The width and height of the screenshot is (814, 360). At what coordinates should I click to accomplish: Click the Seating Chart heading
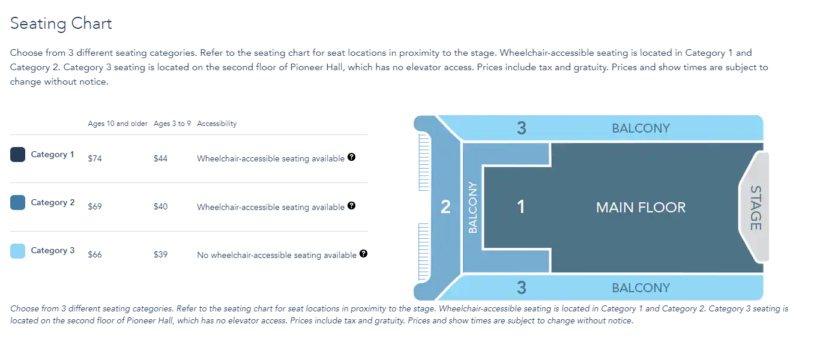(x=61, y=24)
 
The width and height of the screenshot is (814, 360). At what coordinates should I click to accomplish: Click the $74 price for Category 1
(x=95, y=158)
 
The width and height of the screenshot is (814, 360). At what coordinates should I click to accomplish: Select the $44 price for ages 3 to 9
(x=160, y=158)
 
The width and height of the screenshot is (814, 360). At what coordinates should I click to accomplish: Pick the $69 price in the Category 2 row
(x=95, y=206)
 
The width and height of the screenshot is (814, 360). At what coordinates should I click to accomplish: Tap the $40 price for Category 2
(x=160, y=206)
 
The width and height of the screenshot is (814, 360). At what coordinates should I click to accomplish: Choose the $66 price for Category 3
(x=95, y=254)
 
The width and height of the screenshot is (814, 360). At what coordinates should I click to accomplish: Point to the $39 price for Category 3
(x=160, y=254)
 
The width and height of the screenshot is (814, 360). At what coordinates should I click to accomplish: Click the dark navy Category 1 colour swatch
(x=18, y=155)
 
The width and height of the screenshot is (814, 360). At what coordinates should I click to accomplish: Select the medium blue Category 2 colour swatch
(x=18, y=203)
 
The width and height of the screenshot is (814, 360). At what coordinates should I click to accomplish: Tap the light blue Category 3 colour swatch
(x=18, y=251)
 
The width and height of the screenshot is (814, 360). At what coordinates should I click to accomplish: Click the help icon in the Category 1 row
(x=352, y=157)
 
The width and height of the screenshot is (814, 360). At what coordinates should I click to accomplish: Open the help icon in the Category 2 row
(x=352, y=205)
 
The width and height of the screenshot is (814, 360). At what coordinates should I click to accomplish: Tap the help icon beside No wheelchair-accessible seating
(x=363, y=254)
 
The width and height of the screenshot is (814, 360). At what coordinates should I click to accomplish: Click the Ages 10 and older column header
(x=118, y=124)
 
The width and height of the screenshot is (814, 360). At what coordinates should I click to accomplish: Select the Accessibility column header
(x=217, y=124)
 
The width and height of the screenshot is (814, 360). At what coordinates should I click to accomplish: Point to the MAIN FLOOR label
(x=641, y=208)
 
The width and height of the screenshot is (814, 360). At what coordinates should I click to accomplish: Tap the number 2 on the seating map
(x=445, y=207)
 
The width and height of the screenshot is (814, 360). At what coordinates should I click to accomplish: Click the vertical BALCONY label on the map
(x=472, y=208)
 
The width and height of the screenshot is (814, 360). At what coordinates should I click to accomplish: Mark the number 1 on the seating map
(x=521, y=207)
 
